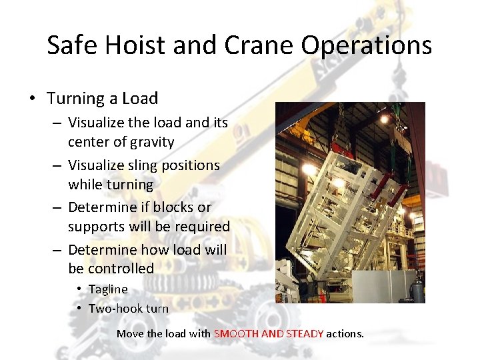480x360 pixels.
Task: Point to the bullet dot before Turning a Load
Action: pyautogui.click(x=31, y=99)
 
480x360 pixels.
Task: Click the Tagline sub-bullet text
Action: pyautogui.click(x=108, y=289)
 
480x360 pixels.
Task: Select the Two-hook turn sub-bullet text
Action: pyautogui.click(x=128, y=308)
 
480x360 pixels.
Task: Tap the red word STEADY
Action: pyautogui.click(x=305, y=333)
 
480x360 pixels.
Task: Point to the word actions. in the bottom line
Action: pyautogui.click(x=345, y=333)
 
